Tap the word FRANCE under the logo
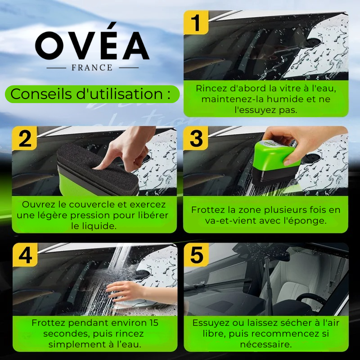coord(92,68)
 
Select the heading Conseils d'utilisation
coord(90,94)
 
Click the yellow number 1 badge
coord(196,22)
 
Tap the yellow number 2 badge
coord(25,139)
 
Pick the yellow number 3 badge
coord(196,138)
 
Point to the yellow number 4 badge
coord(25,255)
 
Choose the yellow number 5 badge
coord(196,255)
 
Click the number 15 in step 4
coord(153,323)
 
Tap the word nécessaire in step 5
coord(266,344)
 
